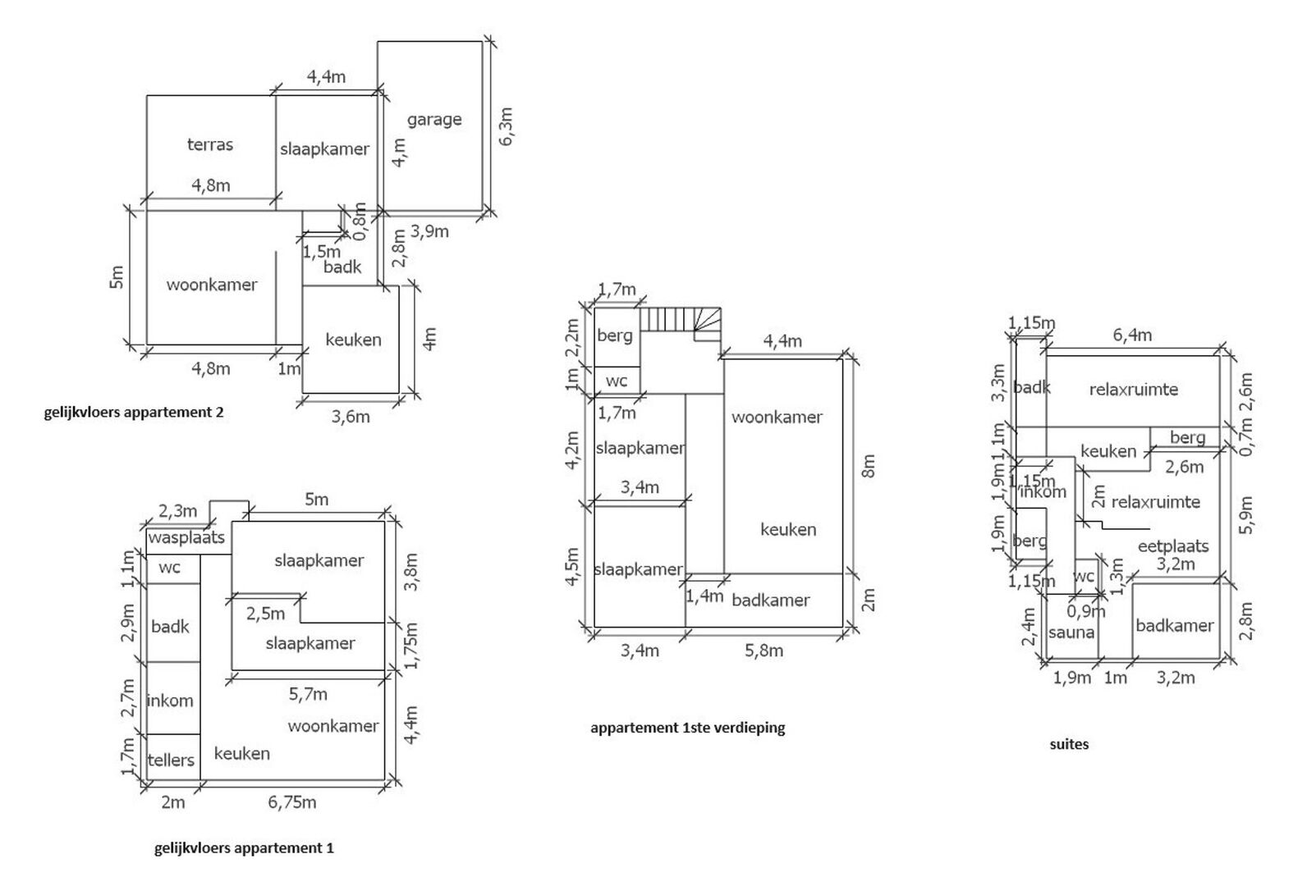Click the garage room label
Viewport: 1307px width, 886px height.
pyautogui.click(x=433, y=120)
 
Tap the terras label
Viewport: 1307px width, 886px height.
pyautogui.click(x=210, y=145)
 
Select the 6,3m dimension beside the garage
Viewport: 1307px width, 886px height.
pyautogui.click(x=506, y=126)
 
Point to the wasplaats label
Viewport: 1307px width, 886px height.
pyautogui.click(x=186, y=538)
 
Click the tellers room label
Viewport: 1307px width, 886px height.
pyautogui.click(x=171, y=760)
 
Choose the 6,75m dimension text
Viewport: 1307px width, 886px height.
pyautogui.click(x=291, y=802)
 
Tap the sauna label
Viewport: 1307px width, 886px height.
pyautogui.click(x=1072, y=633)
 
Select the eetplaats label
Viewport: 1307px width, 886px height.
pyautogui.click(x=1173, y=546)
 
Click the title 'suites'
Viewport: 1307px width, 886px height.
pyautogui.click(x=1069, y=745)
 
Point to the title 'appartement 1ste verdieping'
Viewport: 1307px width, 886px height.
pyautogui.click(x=687, y=728)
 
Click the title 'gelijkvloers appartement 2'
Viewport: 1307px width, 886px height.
pyautogui.click(x=134, y=413)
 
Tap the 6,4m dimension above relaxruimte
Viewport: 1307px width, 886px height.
pyautogui.click(x=1131, y=335)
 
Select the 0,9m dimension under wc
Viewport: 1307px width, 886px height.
pyautogui.click(x=1086, y=611)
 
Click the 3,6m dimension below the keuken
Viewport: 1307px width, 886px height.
pyautogui.click(x=350, y=417)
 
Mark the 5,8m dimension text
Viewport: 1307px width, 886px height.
pyautogui.click(x=763, y=651)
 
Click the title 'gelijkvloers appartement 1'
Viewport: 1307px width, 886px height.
pyautogui.click(x=244, y=848)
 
